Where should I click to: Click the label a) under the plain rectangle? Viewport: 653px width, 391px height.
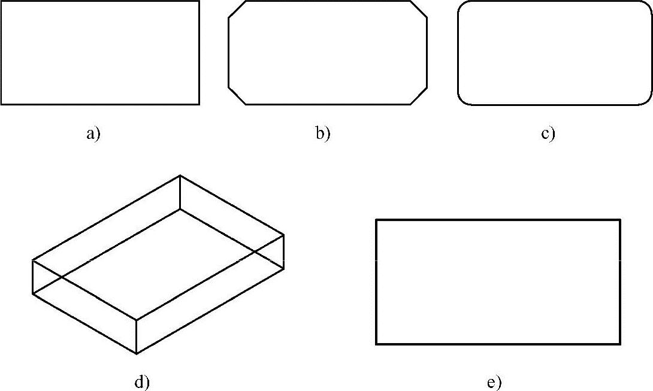click(x=93, y=134)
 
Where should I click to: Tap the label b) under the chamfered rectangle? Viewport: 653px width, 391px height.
click(x=323, y=134)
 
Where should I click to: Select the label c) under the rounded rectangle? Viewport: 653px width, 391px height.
click(x=548, y=134)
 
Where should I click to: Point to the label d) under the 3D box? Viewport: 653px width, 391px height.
click(x=141, y=382)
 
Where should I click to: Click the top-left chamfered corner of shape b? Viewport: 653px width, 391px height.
click(x=237, y=10)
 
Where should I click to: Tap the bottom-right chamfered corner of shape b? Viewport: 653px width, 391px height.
click(x=419, y=96)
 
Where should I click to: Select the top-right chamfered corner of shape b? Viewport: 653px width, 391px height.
click(x=419, y=10)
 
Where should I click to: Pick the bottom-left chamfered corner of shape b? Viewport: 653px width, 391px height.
click(x=237, y=96)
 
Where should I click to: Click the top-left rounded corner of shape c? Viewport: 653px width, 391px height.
click(x=462, y=5)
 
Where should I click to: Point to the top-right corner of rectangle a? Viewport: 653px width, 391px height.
click(x=199, y=1)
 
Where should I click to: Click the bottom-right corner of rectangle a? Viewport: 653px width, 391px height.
click(x=199, y=104)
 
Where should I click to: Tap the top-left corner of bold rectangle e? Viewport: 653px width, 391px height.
click(x=376, y=220)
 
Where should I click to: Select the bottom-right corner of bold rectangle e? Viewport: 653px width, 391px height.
click(x=620, y=344)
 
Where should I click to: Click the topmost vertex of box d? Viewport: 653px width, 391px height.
click(x=180, y=175)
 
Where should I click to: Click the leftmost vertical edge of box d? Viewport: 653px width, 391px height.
click(x=32, y=277)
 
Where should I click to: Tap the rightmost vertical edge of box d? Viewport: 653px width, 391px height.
click(x=283, y=252)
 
